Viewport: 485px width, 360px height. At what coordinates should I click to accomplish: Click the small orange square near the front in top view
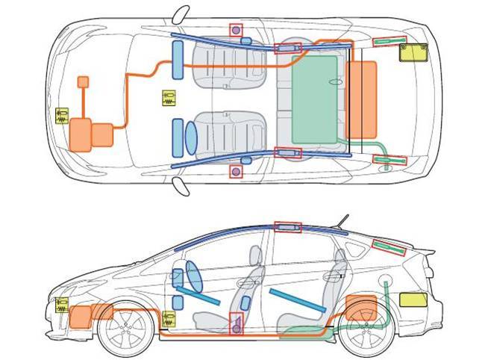click(x=84, y=81)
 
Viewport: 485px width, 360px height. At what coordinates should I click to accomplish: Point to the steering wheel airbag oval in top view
click(x=190, y=137)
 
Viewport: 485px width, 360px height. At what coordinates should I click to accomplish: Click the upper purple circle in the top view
click(x=237, y=30)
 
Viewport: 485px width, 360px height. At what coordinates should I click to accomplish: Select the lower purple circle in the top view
click(x=237, y=172)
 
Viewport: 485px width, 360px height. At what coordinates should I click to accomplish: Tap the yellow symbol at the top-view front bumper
click(x=62, y=117)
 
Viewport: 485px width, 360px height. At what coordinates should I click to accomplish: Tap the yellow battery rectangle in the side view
click(x=413, y=300)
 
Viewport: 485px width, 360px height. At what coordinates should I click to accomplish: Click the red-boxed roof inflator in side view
click(x=288, y=227)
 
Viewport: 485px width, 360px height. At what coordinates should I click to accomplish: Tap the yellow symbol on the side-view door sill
click(x=170, y=320)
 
